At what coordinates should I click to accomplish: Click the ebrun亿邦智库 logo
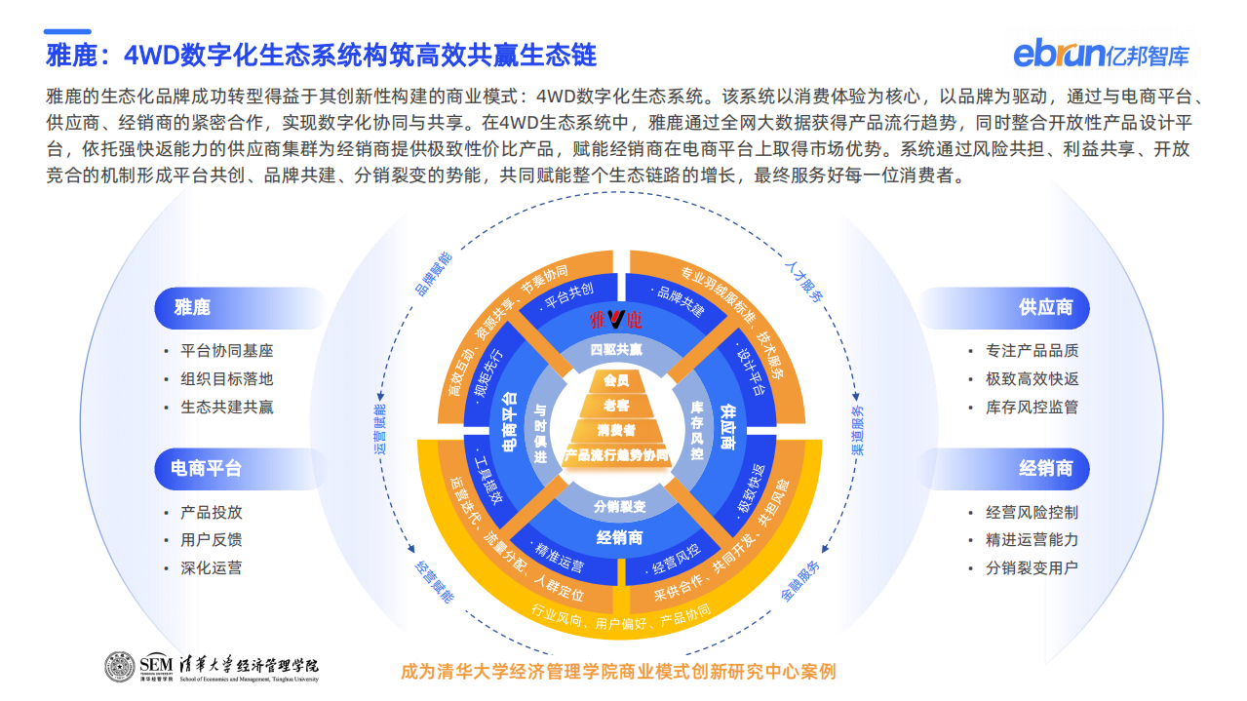pyautogui.click(x=1101, y=53)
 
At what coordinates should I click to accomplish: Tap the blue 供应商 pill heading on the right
pyautogui.click(x=1045, y=307)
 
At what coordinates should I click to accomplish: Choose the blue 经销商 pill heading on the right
pyautogui.click(x=1045, y=468)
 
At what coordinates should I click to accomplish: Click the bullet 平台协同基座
pyautogui.click(x=226, y=351)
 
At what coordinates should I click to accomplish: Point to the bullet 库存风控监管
pyautogui.click(x=1032, y=408)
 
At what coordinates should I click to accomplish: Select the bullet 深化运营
pyautogui.click(x=211, y=567)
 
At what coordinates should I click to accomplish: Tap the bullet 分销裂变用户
pyautogui.click(x=1032, y=567)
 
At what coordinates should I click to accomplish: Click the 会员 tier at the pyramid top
pyautogui.click(x=616, y=380)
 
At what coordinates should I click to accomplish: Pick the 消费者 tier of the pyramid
pyautogui.click(x=616, y=429)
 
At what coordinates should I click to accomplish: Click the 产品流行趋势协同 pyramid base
pyautogui.click(x=616, y=455)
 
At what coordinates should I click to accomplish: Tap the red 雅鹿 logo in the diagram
pyautogui.click(x=615, y=319)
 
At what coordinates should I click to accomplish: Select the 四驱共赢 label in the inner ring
pyautogui.click(x=616, y=349)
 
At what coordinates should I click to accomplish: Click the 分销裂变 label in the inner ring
pyautogui.click(x=620, y=506)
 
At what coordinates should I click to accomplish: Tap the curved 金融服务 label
pyautogui.click(x=801, y=582)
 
